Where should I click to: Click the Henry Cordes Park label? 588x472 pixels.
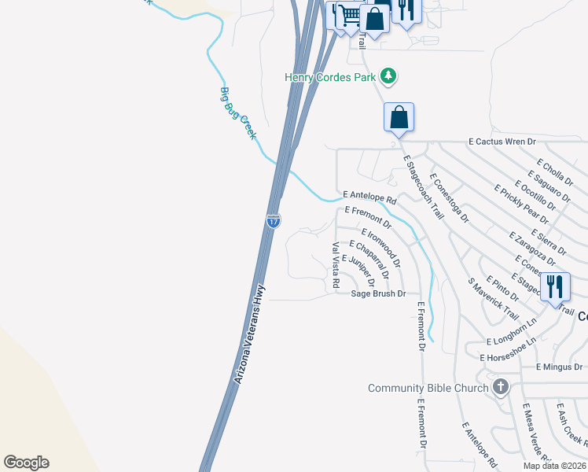[330, 77]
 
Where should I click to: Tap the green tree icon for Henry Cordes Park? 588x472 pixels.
[388, 76]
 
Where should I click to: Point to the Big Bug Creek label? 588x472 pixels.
[237, 113]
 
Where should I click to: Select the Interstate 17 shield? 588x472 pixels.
[273, 221]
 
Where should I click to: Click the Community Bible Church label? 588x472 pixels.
[429, 388]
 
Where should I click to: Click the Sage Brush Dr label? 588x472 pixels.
[378, 293]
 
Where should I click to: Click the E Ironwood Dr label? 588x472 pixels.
[381, 247]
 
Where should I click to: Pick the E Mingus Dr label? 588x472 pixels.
[558, 367]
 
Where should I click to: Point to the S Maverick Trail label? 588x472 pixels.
[493, 298]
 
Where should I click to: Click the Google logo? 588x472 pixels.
[26, 463]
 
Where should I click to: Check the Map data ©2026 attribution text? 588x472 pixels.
[553, 466]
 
